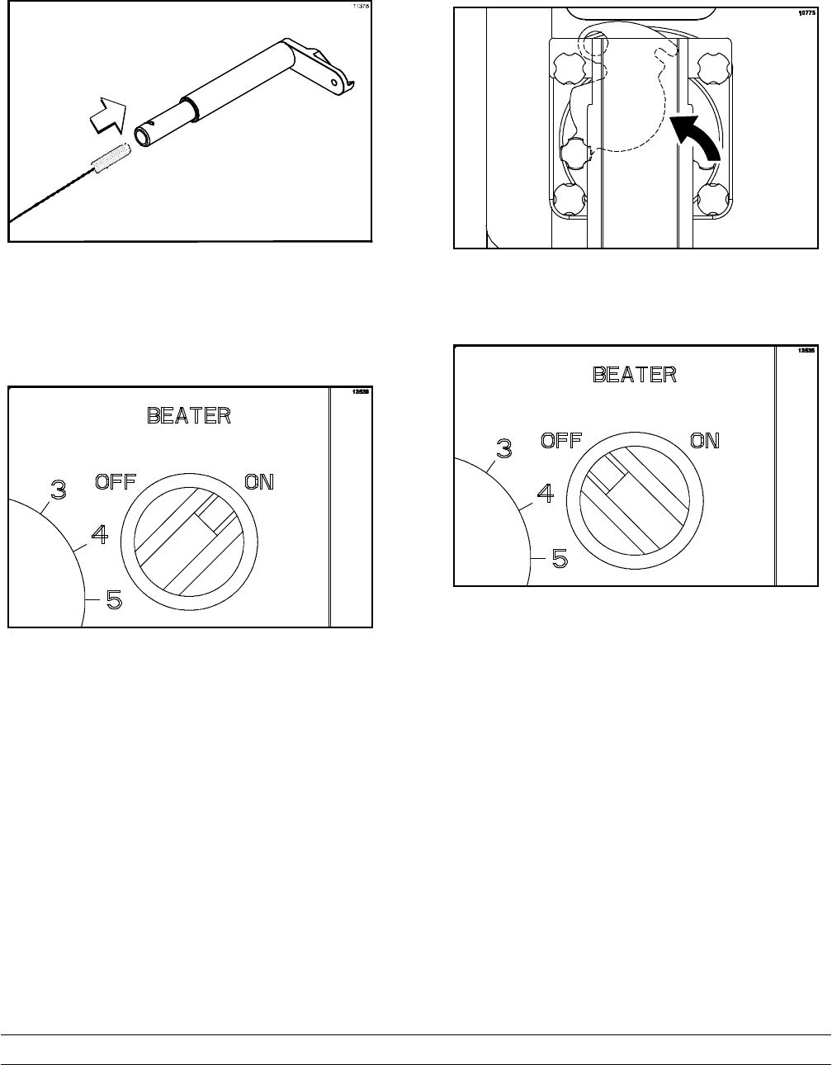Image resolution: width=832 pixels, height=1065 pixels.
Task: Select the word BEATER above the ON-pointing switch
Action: (189, 415)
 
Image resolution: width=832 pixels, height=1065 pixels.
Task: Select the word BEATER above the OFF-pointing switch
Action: (635, 374)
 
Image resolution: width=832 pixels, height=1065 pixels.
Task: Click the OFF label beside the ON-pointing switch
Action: (115, 481)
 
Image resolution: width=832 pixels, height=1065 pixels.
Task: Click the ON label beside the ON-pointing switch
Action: (259, 481)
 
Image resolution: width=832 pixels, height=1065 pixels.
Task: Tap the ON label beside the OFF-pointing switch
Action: (705, 440)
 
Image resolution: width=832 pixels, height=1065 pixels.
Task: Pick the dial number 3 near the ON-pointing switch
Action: (58, 490)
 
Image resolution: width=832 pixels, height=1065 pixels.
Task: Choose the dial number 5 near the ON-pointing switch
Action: (114, 600)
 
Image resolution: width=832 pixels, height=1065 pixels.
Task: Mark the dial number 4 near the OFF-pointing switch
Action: (545, 494)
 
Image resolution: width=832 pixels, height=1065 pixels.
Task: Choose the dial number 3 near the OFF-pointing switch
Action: (503, 449)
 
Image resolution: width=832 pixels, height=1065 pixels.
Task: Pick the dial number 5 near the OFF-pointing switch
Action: (559, 559)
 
